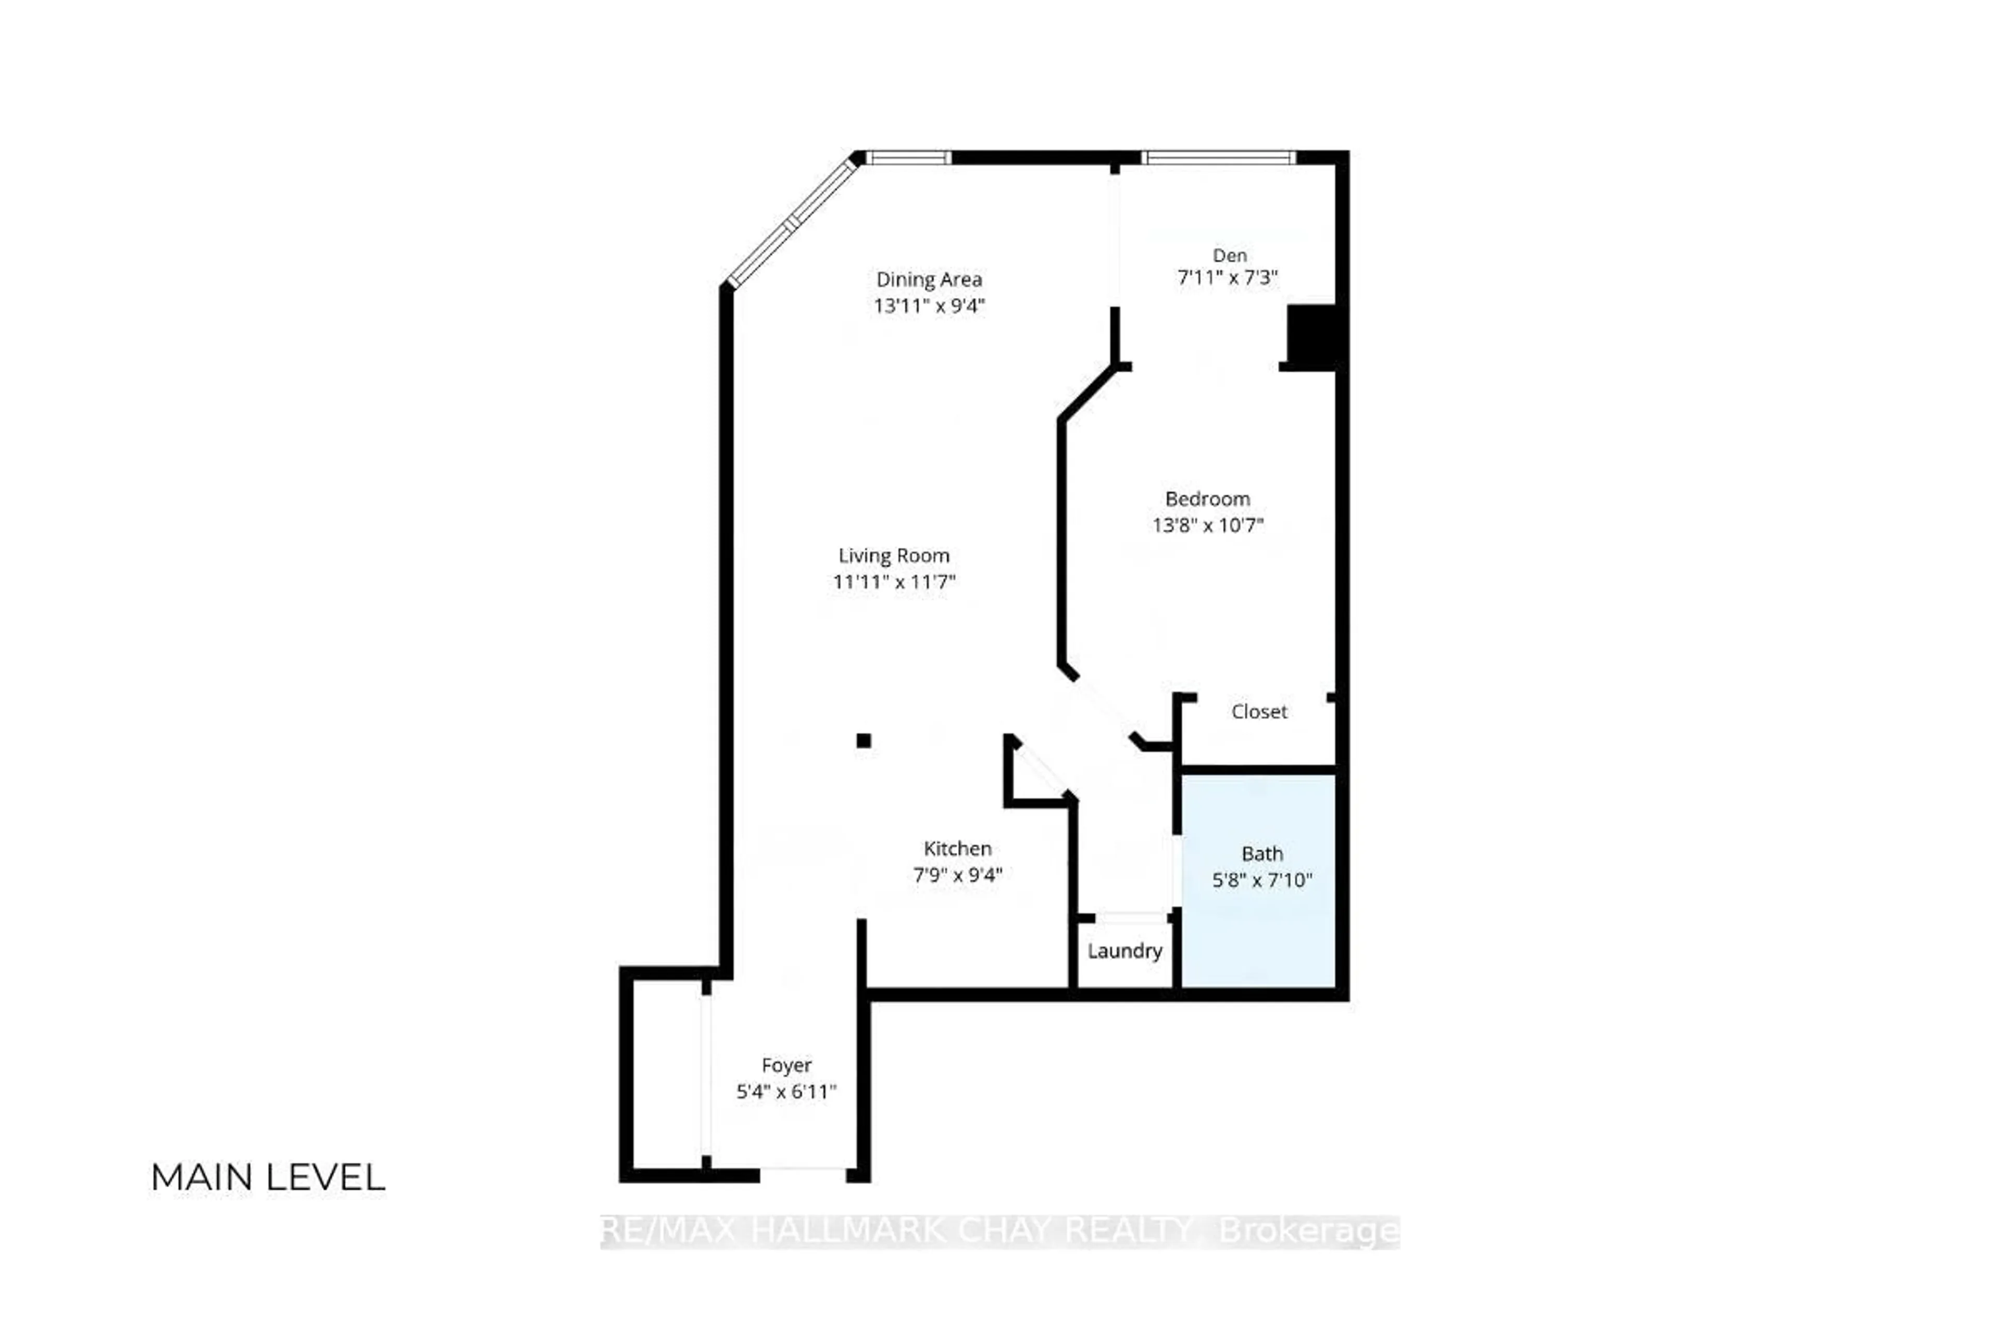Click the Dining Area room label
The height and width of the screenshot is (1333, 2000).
click(x=929, y=280)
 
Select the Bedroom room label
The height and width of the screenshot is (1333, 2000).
click(x=1207, y=499)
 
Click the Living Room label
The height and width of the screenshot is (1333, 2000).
click(x=894, y=556)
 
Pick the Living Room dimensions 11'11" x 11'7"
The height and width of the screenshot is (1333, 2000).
click(x=894, y=582)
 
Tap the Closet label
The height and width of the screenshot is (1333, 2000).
click(x=1258, y=712)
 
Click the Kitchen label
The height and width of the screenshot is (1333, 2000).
click(x=957, y=848)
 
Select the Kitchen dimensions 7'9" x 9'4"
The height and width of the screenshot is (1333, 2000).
click(x=957, y=875)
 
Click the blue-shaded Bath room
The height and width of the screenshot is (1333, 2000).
click(x=1258, y=935)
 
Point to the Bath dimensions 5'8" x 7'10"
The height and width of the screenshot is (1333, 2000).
click(x=1262, y=880)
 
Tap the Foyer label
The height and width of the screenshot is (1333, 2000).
click(x=786, y=1065)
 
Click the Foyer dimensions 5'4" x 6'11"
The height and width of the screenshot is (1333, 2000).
click(x=786, y=1091)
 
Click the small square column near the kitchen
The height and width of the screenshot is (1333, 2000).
click(x=863, y=740)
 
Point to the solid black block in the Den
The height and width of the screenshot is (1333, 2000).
click(x=1311, y=336)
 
